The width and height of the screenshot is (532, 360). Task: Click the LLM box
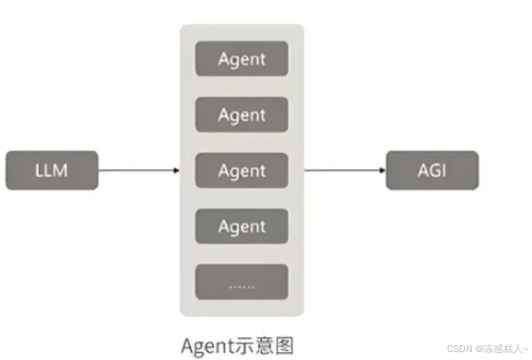(x=50, y=170)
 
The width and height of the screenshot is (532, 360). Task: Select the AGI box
(x=431, y=170)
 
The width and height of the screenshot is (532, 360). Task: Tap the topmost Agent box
(x=241, y=58)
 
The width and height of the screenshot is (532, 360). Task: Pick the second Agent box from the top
(x=241, y=115)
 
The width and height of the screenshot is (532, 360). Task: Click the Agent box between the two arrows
(x=241, y=170)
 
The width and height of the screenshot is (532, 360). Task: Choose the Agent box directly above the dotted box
(x=241, y=226)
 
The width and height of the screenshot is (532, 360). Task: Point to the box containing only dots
(x=241, y=282)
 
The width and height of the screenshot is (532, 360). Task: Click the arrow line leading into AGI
(x=341, y=171)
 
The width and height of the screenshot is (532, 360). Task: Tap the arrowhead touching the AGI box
(x=382, y=171)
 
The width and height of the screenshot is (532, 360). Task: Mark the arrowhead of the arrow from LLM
(x=175, y=171)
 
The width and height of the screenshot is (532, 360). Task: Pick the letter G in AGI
(x=432, y=170)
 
